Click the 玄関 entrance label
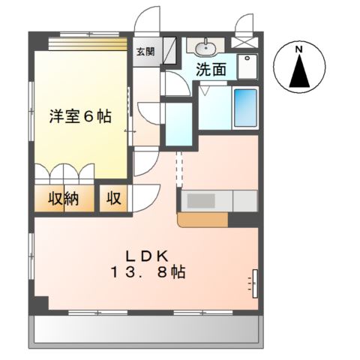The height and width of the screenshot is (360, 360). click(x=145, y=52)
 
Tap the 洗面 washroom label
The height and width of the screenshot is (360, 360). click(x=211, y=70)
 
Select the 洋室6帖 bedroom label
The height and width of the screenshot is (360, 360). click(x=80, y=116)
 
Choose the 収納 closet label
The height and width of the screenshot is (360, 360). click(x=65, y=199)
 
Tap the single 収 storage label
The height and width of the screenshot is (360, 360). click(x=114, y=199)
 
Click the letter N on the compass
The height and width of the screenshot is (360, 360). click(x=298, y=50)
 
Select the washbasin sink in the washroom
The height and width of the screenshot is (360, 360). click(x=203, y=49)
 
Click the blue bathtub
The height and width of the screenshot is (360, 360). click(x=244, y=106)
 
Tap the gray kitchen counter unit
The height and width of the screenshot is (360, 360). click(x=217, y=202)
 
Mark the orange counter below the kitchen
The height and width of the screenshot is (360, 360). click(x=202, y=219)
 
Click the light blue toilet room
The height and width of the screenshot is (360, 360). click(x=178, y=123)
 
